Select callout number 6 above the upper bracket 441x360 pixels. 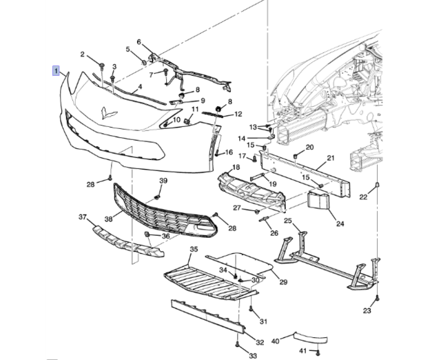click(x=139, y=42)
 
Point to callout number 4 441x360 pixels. click(x=139, y=88)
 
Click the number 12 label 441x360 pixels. click(x=238, y=114)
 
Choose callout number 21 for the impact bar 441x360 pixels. click(x=330, y=158)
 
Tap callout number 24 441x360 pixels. click(x=338, y=223)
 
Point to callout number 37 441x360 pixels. click(x=83, y=217)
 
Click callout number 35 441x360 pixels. click(x=194, y=249)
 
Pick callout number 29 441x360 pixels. click(x=283, y=282)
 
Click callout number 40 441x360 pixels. click(x=276, y=341)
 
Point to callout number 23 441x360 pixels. click(x=367, y=311)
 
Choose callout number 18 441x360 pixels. click(x=236, y=168)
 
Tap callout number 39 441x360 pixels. click(x=163, y=181)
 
